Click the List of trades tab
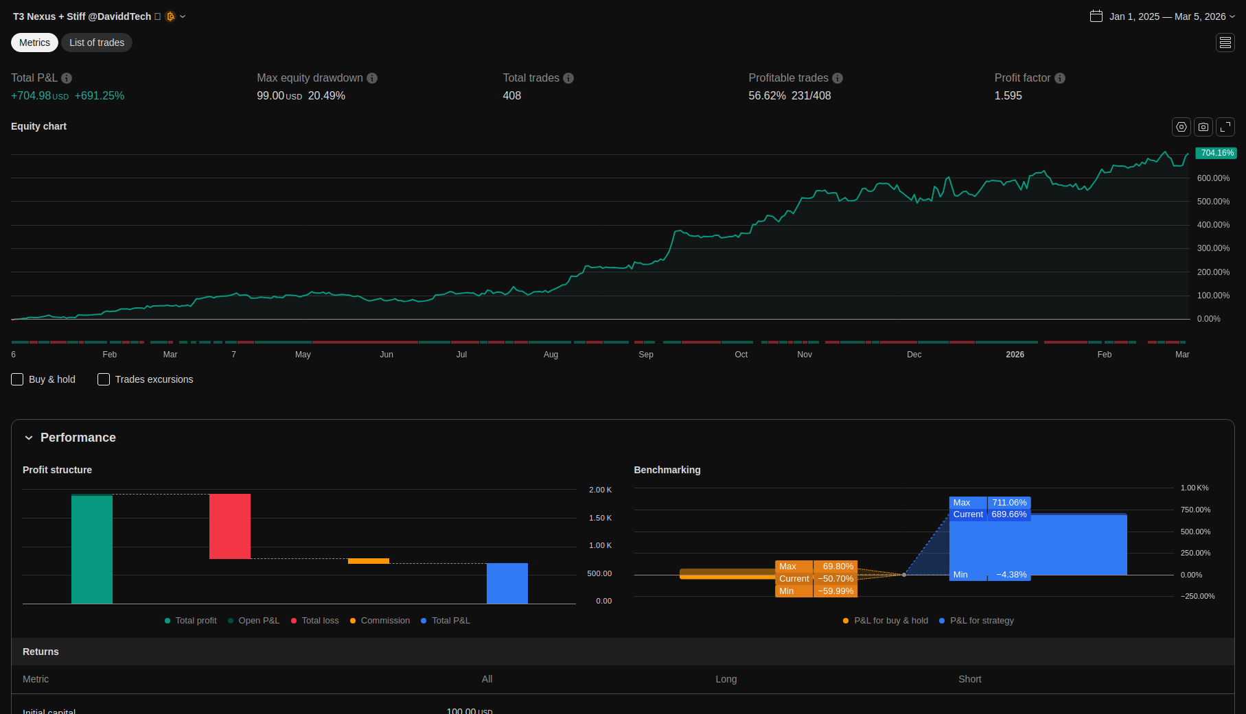[97, 43]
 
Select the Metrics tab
[34, 43]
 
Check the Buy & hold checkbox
[18, 379]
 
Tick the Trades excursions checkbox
[104, 379]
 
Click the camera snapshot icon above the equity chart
[1203, 127]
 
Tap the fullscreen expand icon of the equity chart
[1225, 127]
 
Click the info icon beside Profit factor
[1060, 78]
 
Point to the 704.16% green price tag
[1216, 153]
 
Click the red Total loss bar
[230, 526]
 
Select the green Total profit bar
[92, 549]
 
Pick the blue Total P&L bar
[507, 583]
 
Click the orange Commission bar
[369, 561]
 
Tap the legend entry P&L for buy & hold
[890, 621]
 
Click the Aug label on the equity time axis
[551, 355]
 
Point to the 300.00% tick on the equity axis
[1213, 248]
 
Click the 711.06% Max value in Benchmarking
[1009, 503]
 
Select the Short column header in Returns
[969, 679]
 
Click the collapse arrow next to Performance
[29, 438]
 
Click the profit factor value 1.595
[1008, 96]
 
